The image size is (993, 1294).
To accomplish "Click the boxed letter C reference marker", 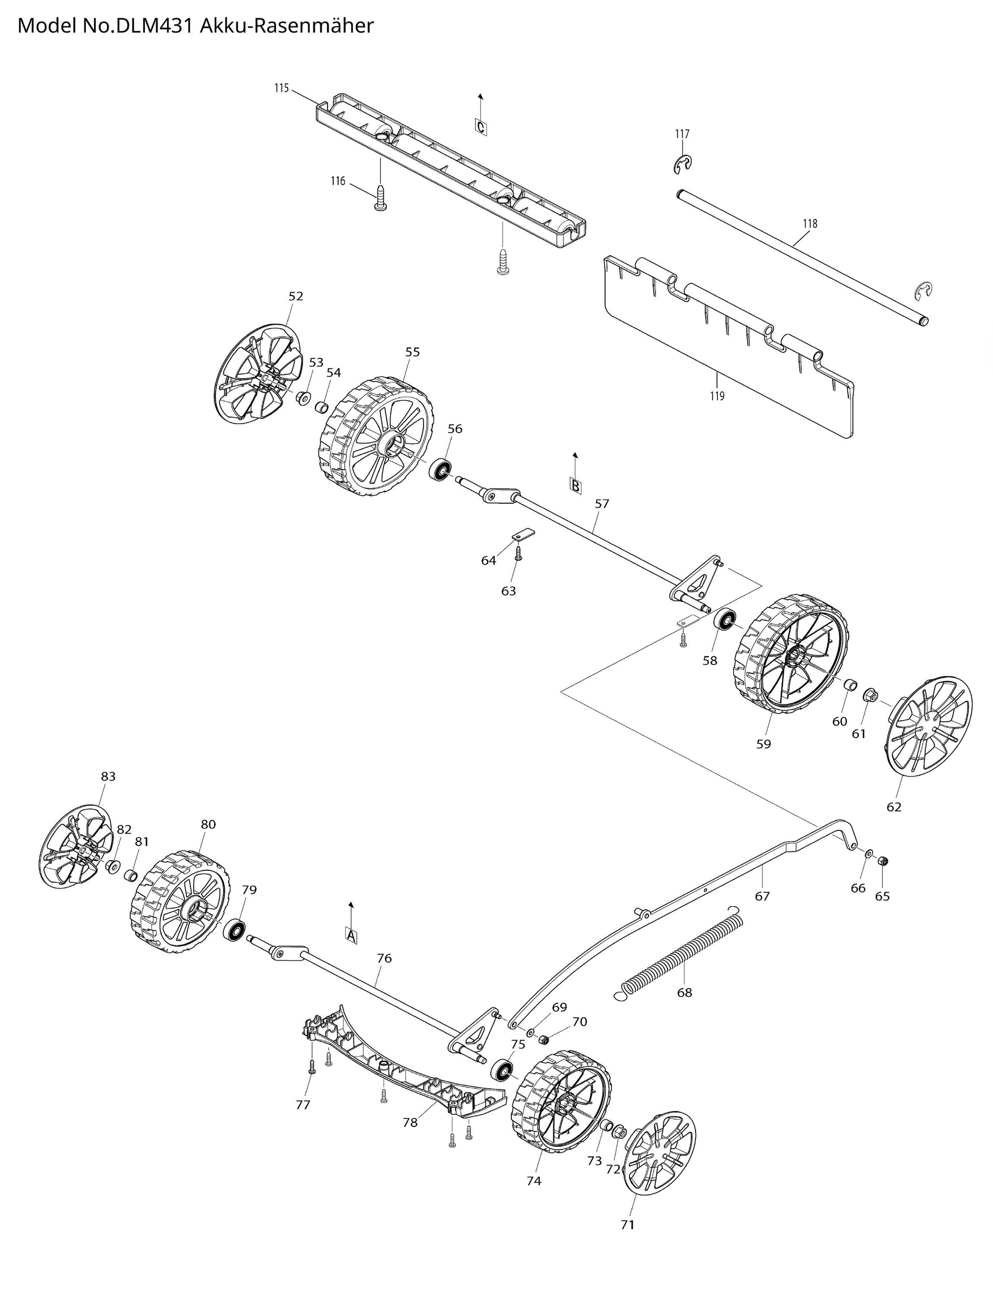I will (480, 127).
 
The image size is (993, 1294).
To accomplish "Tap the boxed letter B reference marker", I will (575, 485).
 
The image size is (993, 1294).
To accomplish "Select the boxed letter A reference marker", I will (351, 936).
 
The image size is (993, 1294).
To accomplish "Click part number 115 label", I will (281, 89).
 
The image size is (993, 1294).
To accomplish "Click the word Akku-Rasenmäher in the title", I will (287, 26).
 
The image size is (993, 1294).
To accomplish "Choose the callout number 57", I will (602, 504).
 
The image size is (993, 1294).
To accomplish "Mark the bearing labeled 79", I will (235, 930).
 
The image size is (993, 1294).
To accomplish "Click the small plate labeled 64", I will (520, 533).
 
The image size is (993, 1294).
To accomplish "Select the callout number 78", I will (410, 1122).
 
